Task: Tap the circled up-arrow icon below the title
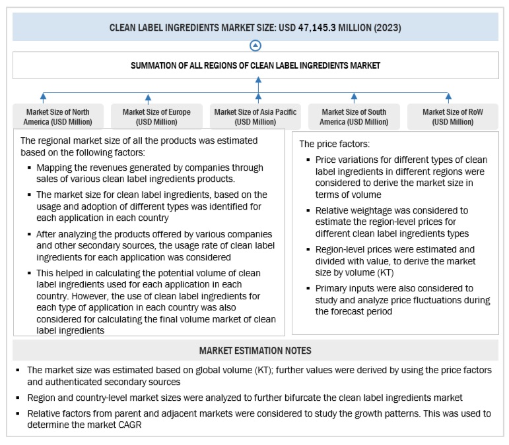coord(255,46)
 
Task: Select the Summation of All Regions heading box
coord(255,65)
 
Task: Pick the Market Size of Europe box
coord(157,117)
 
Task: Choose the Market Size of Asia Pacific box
coord(255,117)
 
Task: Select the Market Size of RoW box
coord(452,117)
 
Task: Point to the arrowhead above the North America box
coord(43,96)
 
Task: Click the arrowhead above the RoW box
coord(449,96)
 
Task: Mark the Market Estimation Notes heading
coord(255,349)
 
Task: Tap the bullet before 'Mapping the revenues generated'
coord(30,168)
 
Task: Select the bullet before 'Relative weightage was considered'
coord(310,211)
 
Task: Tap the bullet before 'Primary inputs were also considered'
coord(310,287)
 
